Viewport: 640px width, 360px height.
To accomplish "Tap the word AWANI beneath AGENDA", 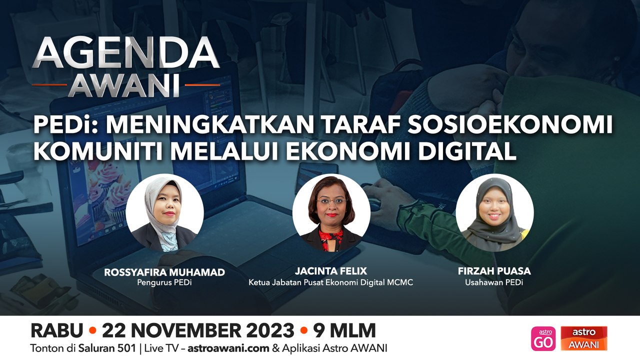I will click(x=123, y=85).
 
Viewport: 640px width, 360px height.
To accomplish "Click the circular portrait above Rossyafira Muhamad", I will click(x=164, y=212).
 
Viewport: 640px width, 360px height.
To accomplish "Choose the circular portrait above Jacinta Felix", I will click(x=331, y=212).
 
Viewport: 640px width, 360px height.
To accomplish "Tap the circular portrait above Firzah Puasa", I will click(x=494, y=212).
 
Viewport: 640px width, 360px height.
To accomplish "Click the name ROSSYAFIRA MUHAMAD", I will click(x=164, y=272).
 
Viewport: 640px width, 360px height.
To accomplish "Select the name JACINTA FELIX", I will click(x=331, y=271).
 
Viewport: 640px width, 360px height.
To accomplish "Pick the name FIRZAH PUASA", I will click(x=494, y=271).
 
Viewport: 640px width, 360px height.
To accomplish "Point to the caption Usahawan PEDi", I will click(x=494, y=282).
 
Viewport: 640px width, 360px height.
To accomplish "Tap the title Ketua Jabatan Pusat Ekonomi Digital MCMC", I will click(x=331, y=283).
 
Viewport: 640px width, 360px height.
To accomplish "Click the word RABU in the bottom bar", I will click(x=56, y=330).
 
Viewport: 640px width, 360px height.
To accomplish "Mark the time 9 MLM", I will click(x=344, y=330).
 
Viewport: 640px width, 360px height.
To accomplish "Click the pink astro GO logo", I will click(x=543, y=338).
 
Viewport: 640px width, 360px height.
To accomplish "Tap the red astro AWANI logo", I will click(x=584, y=338).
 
